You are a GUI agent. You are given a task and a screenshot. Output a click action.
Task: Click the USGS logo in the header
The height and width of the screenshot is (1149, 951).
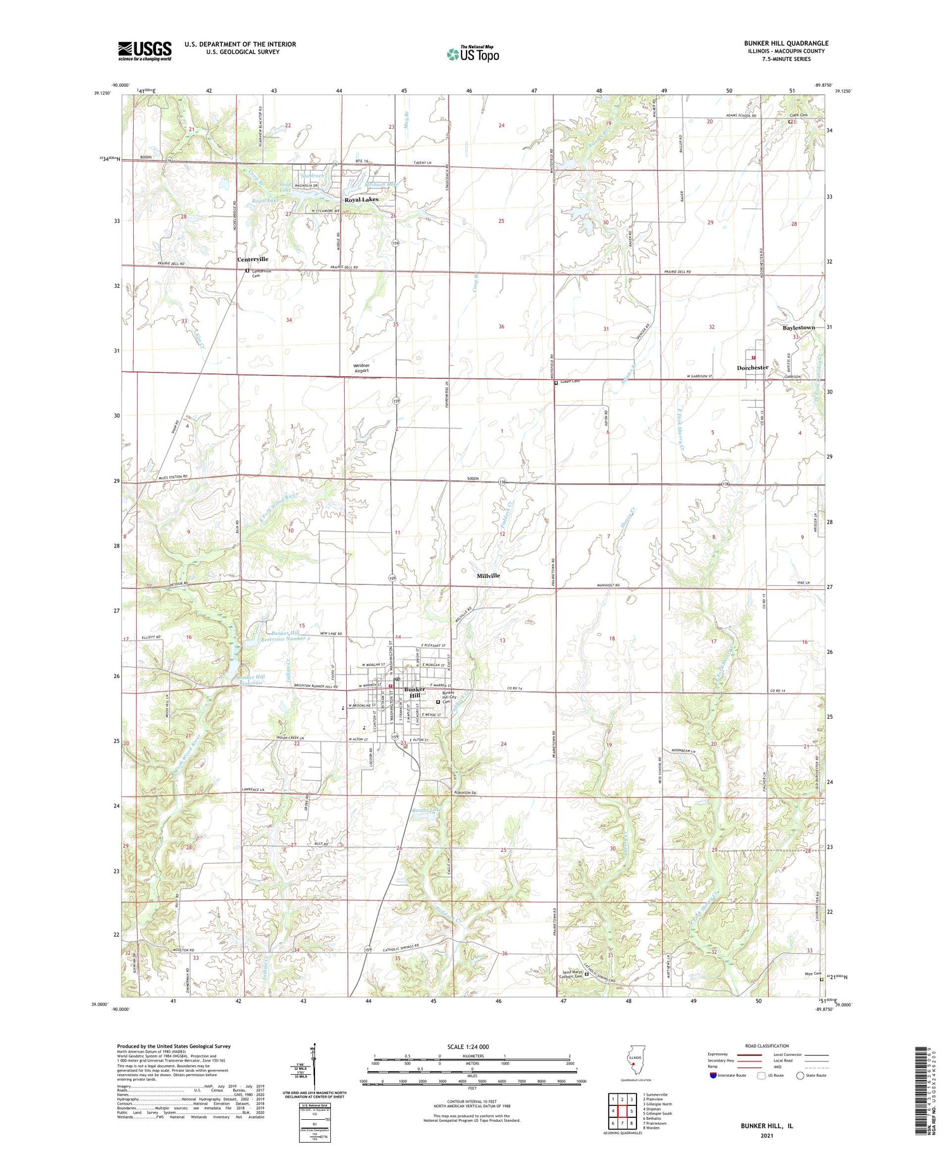click(145, 51)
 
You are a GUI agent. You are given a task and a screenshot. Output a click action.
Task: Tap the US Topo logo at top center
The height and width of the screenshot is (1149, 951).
click(472, 55)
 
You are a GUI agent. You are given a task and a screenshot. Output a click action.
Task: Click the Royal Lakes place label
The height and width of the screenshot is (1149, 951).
click(361, 200)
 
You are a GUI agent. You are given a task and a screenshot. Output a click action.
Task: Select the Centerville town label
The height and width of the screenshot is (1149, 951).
click(253, 259)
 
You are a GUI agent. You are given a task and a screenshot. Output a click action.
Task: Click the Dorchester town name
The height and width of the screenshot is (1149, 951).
click(753, 368)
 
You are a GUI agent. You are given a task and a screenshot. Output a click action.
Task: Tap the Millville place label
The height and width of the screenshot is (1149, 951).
click(488, 575)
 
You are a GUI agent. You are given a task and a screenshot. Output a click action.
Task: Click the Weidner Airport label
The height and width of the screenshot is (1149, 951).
click(366, 368)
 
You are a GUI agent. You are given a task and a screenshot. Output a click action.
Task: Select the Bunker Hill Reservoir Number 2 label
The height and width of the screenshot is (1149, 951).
click(290, 636)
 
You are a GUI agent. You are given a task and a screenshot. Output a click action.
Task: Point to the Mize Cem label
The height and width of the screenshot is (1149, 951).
click(813, 973)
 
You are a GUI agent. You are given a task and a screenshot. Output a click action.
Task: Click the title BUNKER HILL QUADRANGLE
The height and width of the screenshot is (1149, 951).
click(786, 44)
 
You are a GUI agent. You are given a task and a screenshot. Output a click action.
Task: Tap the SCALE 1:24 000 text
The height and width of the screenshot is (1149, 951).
click(472, 1046)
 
